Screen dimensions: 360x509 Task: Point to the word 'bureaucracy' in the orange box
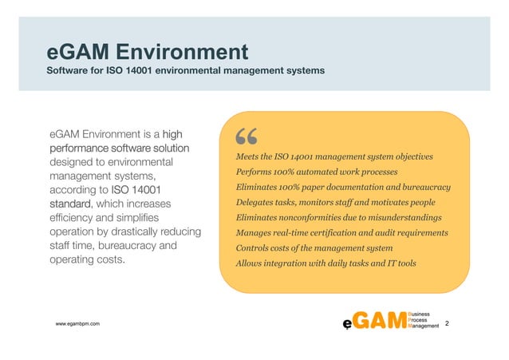click(x=426, y=187)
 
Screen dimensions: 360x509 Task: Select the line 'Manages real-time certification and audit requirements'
click(x=341, y=232)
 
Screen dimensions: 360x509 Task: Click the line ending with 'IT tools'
click(x=326, y=263)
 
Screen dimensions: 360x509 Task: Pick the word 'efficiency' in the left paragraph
click(x=75, y=217)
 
